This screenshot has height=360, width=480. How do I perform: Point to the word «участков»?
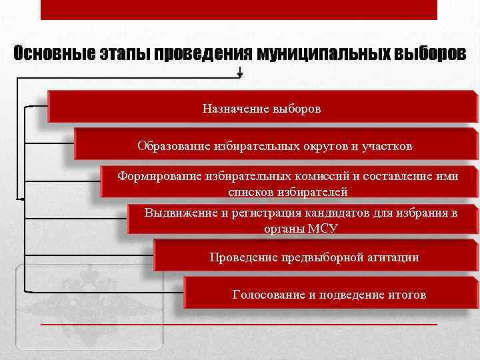point(389,145)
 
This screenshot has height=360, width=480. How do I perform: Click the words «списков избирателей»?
point(287,192)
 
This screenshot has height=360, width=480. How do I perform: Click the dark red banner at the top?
point(239,9)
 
